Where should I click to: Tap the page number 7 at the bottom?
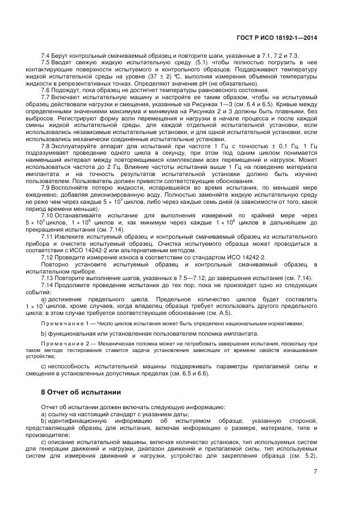click(x=315, y=472)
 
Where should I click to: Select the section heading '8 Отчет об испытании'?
click(x=81, y=392)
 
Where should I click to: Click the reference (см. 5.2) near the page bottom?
click(x=305, y=456)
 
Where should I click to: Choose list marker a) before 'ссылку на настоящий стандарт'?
click(x=44, y=415)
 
